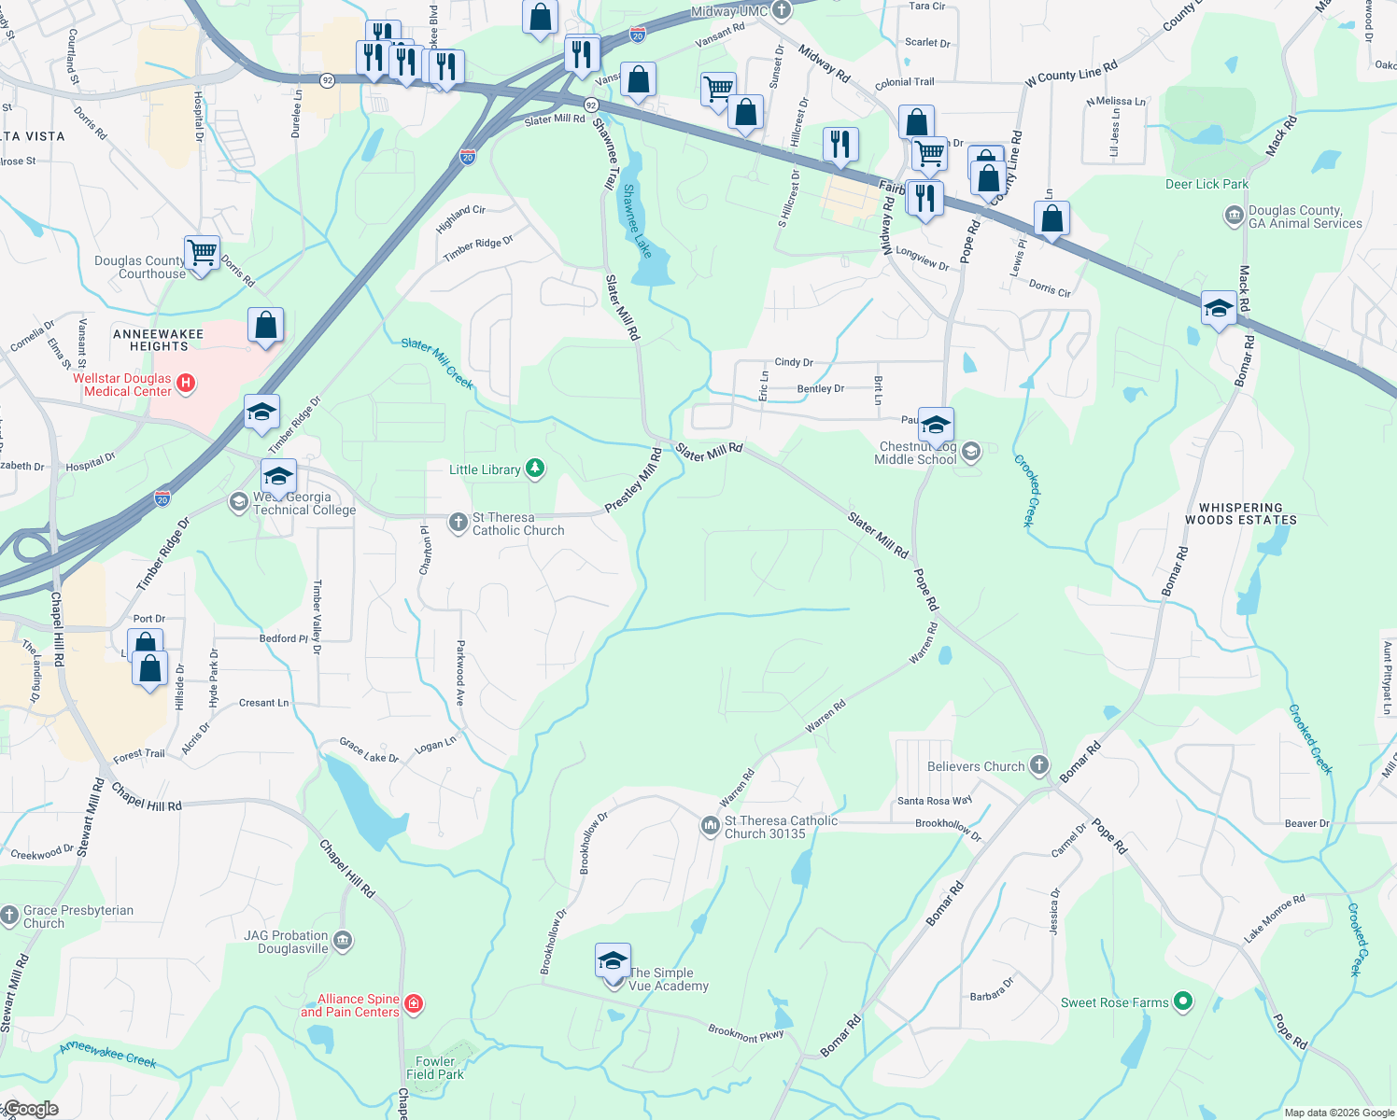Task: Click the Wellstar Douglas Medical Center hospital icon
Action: (x=185, y=384)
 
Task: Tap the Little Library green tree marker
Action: (x=535, y=469)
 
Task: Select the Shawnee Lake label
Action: (x=637, y=221)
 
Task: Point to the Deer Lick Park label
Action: (x=1206, y=184)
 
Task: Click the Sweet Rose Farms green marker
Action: (x=1183, y=1002)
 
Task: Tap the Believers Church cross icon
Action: (x=1039, y=766)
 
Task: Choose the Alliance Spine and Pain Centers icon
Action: (x=414, y=1004)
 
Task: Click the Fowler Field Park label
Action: (x=435, y=1068)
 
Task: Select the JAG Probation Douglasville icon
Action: (x=343, y=940)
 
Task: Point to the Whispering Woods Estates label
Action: (x=1240, y=513)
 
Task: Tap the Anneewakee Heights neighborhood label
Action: (x=158, y=340)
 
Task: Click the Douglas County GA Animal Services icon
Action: (x=1234, y=217)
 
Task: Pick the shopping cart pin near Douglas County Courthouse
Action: (x=202, y=252)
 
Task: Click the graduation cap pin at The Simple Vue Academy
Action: (x=613, y=960)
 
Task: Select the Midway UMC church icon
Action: (x=782, y=11)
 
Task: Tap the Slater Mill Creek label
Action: (x=437, y=362)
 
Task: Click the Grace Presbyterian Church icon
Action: (x=9, y=916)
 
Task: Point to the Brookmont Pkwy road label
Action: (x=745, y=1033)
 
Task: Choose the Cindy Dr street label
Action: (x=794, y=362)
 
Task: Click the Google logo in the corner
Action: (x=31, y=1109)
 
